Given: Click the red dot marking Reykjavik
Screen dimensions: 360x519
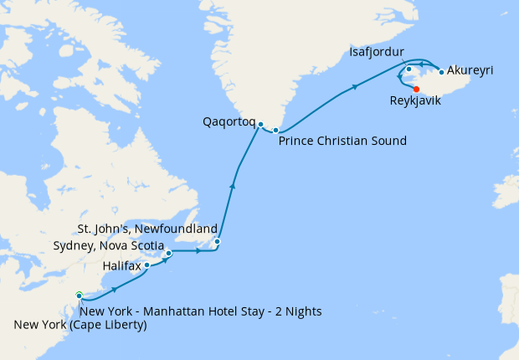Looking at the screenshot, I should pyautogui.click(x=416, y=88).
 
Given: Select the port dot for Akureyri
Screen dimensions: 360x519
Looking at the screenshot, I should pyautogui.click(x=441, y=72).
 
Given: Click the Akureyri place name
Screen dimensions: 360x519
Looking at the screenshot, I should pyautogui.click(x=470, y=70).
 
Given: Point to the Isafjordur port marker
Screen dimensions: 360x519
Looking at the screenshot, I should pyautogui.click(x=409, y=69).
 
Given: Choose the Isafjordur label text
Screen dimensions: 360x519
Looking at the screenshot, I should pyautogui.click(x=381, y=54).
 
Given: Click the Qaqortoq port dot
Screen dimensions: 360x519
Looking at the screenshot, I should pyautogui.click(x=261, y=125).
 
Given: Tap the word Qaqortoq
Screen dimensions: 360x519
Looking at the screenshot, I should pyautogui.click(x=229, y=121).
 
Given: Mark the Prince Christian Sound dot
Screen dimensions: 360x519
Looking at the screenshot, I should pyautogui.click(x=275, y=130).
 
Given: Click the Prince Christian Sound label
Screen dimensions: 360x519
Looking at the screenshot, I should pyautogui.click(x=342, y=141).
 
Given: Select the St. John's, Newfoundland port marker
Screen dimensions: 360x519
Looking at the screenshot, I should pyautogui.click(x=217, y=242).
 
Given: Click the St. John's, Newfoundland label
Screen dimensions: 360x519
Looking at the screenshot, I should pyautogui.click(x=147, y=229).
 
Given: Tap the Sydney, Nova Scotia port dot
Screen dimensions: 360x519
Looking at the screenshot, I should pyautogui.click(x=168, y=252).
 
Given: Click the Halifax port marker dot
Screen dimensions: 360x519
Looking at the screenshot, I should pyautogui.click(x=147, y=265).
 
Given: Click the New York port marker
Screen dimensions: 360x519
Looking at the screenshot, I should pyautogui.click(x=80, y=295).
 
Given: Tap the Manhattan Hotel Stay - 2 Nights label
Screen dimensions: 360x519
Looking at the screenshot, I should pyautogui.click(x=202, y=311).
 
